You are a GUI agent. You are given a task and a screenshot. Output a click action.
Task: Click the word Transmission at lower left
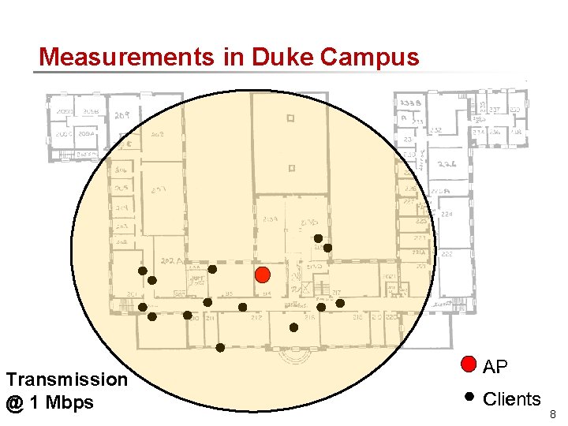click(x=66, y=379)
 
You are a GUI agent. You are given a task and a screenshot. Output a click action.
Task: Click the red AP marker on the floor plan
click(x=263, y=275)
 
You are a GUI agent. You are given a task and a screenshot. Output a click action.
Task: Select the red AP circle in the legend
click(x=469, y=364)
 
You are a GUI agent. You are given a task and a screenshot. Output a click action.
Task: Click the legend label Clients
click(x=512, y=399)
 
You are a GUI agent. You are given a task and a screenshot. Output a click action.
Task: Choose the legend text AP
click(x=495, y=367)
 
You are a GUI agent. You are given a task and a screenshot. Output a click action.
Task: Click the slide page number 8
click(x=552, y=414)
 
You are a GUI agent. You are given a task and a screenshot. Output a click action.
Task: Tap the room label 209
click(x=122, y=115)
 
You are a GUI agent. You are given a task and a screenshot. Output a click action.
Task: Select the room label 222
click(x=447, y=254)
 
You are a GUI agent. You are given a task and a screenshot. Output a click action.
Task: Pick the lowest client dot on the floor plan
click(x=220, y=347)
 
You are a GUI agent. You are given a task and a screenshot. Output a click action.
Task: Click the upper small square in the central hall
click(x=290, y=119)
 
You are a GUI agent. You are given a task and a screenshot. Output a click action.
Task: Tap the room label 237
click(x=495, y=110)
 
